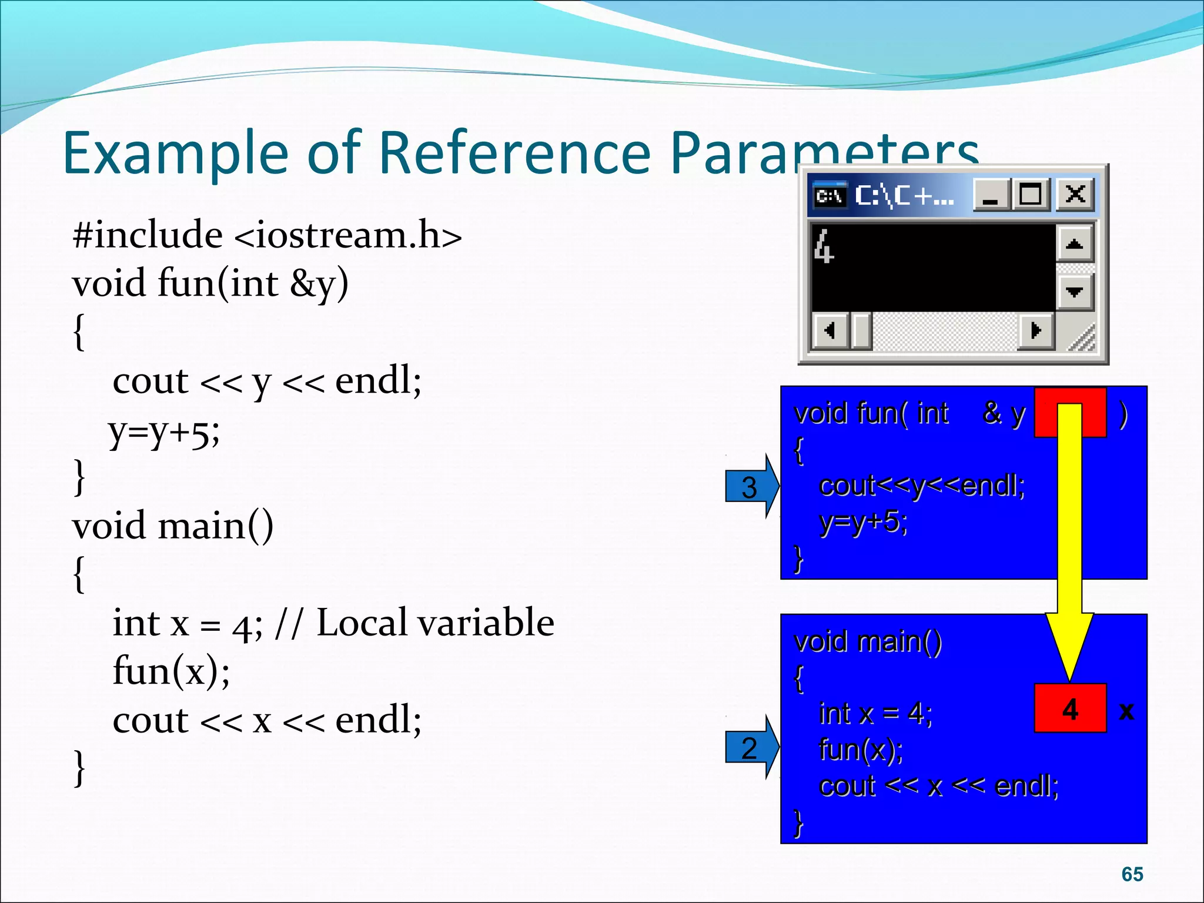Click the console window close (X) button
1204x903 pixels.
[1075, 194]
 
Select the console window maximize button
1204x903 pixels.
[1030, 194]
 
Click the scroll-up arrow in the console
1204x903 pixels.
[1074, 244]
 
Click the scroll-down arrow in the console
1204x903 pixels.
[1074, 292]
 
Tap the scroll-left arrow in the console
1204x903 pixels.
[829, 330]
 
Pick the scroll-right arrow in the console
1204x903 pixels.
[1036, 330]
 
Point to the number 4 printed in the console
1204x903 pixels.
[824, 246]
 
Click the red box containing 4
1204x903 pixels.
[1070, 708]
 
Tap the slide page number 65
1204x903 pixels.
[1132, 874]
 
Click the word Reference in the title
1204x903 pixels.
[515, 152]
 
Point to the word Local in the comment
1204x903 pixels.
[361, 623]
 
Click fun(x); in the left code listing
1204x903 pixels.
[171, 671]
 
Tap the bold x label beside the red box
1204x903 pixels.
[1126, 711]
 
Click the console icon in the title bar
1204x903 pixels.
[829, 195]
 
